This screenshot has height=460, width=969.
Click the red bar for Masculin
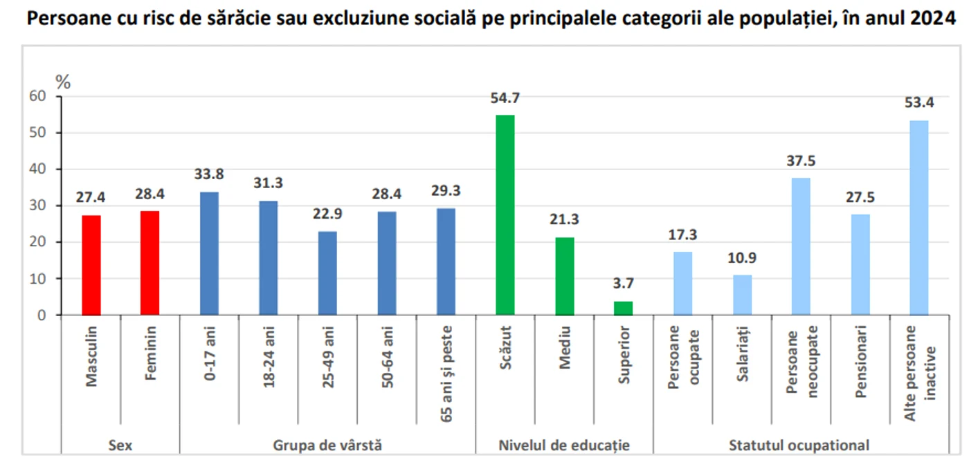click(x=91, y=265)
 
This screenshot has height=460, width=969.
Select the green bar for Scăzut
click(x=505, y=215)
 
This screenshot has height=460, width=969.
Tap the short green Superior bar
click(x=624, y=309)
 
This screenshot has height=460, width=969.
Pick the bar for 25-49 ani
click(x=327, y=273)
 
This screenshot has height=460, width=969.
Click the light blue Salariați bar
click(x=742, y=295)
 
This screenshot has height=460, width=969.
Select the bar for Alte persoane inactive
click(x=919, y=218)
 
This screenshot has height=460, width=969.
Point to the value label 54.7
click(x=505, y=98)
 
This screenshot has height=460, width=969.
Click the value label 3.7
click(x=624, y=284)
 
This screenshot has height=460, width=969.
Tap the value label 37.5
click(x=802, y=161)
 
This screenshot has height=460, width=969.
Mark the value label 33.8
click(x=209, y=174)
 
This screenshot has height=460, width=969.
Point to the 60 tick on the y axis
click(x=37, y=96)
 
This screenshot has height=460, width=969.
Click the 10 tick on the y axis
click(x=37, y=279)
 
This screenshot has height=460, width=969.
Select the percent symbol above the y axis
click(x=63, y=82)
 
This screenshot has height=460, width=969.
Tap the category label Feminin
click(x=150, y=353)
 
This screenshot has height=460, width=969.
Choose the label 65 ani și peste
click(x=446, y=374)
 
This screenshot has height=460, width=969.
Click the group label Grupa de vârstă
click(x=327, y=445)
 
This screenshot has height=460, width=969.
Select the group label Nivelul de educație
click(x=564, y=445)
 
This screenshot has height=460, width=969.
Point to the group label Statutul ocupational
click(x=799, y=445)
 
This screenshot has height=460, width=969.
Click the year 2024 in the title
click(x=933, y=19)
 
